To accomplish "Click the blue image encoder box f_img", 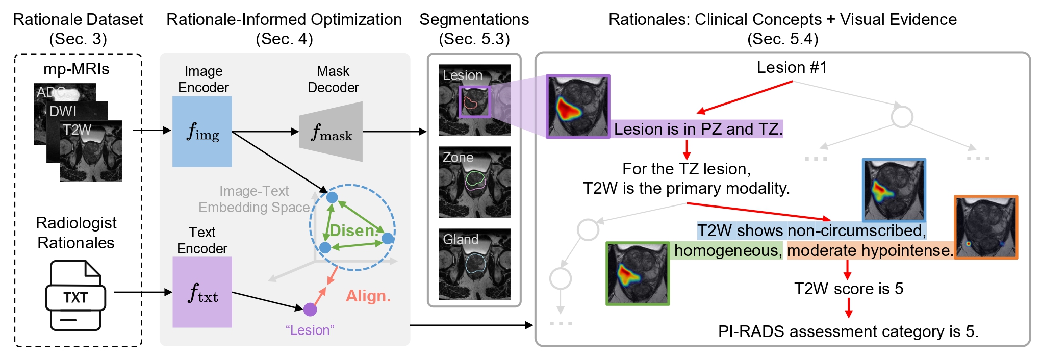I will click(202, 132).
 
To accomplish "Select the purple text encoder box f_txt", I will click(202, 292).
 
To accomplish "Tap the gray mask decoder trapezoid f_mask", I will click(332, 132).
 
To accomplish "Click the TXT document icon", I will click(75, 296).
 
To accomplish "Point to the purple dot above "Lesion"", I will click(310, 309).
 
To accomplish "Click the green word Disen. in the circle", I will click(353, 230).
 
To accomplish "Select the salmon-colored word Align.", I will click(368, 296).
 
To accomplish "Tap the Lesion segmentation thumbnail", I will click(474, 100).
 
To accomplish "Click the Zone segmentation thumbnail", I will click(474, 183).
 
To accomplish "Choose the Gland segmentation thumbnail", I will click(474, 264).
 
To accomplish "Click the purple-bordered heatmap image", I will click(578, 107).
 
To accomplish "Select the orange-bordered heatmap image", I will click(985, 227).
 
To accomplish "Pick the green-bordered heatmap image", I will click(638, 273).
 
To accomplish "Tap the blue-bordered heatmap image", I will click(894, 190).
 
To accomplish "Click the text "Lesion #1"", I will click(792, 67).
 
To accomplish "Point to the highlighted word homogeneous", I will click(726, 250).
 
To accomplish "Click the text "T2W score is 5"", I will click(848, 289).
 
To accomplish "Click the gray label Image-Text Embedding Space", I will click(254, 199).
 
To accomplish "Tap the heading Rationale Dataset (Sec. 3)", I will click(78, 29).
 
